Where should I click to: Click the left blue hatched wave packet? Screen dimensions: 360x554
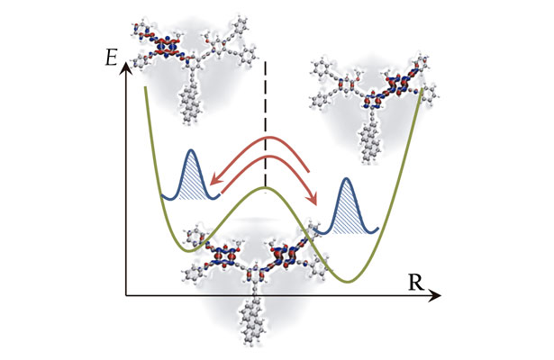pyautogui.click(x=190, y=175)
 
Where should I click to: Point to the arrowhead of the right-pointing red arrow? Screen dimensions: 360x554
pyautogui.click(x=314, y=202)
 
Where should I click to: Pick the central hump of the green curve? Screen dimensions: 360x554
pyautogui.click(x=265, y=189)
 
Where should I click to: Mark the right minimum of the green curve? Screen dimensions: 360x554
pyautogui.click(x=347, y=280)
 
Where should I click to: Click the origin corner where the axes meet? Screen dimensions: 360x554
pyautogui.click(x=126, y=295)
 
